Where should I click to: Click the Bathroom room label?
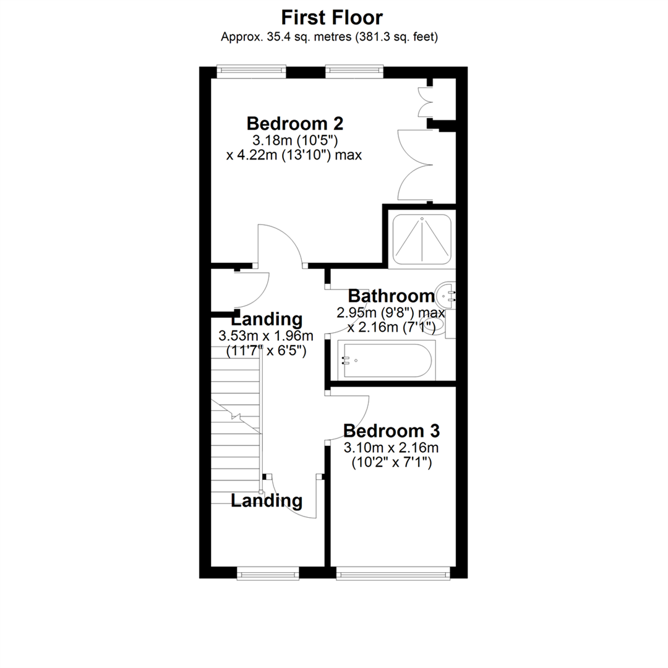[391, 295]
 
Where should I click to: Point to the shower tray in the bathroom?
[421, 238]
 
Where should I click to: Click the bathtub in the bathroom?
[388, 360]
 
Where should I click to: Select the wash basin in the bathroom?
[445, 296]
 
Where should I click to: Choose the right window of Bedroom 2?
[354, 71]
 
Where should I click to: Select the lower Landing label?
[267, 500]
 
